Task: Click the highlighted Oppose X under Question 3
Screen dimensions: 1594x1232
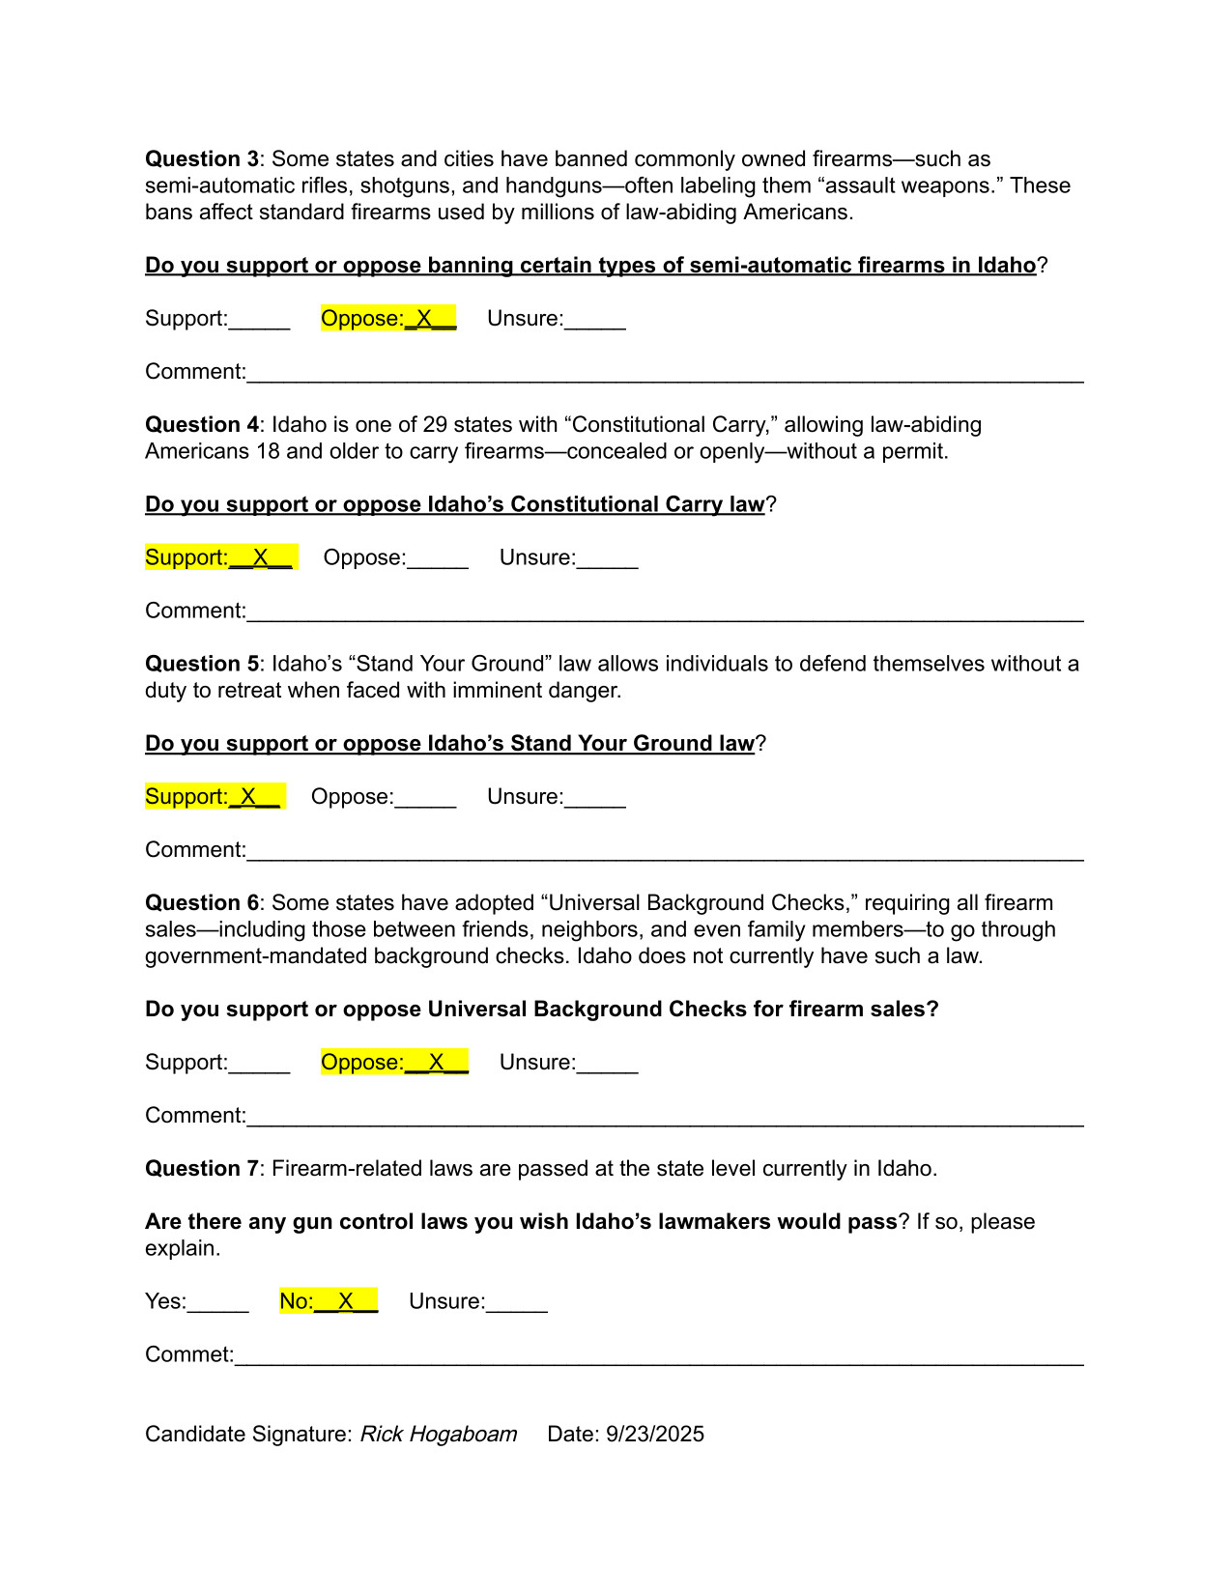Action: tap(388, 319)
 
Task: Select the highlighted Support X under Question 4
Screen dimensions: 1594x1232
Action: tap(221, 557)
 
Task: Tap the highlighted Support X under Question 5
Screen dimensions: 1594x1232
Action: tap(215, 796)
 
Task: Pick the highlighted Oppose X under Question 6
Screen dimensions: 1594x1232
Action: tap(394, 1062)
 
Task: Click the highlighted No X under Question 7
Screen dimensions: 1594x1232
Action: tap(329, 1301)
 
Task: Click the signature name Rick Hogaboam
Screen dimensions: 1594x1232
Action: tap(439, 1434)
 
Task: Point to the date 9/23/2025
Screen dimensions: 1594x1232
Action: tap(655, 1434)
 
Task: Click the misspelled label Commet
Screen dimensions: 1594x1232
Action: tap(189, 1354)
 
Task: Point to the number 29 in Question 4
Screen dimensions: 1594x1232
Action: tap(435, 425)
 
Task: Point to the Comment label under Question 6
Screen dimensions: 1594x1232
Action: tap(195, 1116)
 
